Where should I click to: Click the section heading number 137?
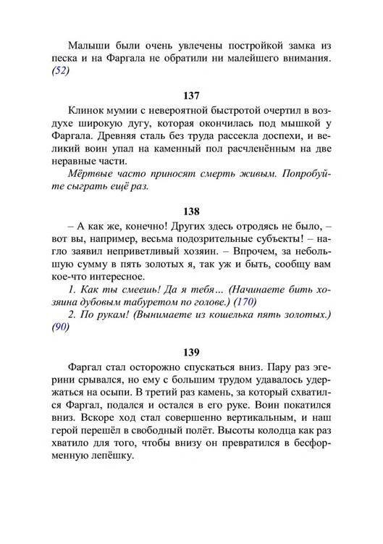[191, 95]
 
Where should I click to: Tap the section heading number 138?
[191, 212]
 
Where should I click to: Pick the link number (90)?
[61, 327]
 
